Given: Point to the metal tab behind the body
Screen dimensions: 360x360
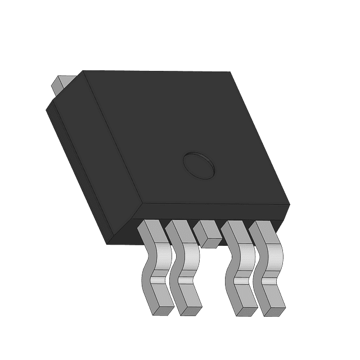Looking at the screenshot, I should (60, 85).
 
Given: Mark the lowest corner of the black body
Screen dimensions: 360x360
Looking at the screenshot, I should (109, 244).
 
